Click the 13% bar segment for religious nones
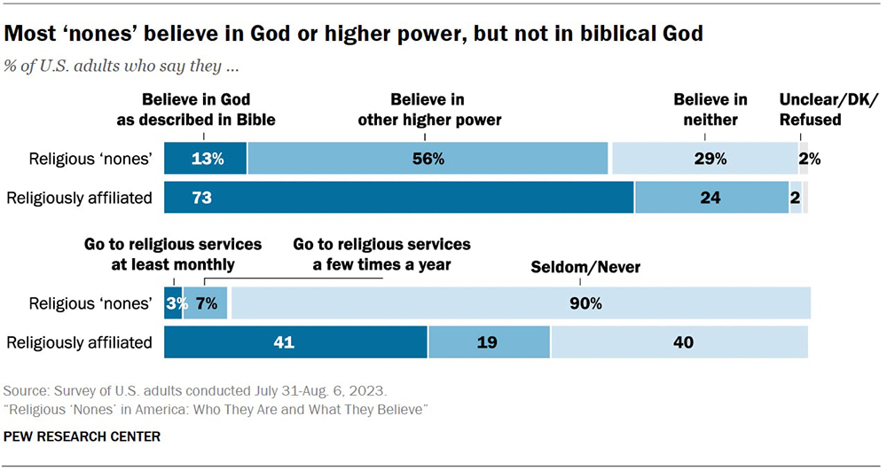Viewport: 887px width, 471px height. [x=206, y=159]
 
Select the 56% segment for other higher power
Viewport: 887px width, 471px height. [x=428, y=159]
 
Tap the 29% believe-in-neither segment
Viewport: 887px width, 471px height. [x=705, y=159]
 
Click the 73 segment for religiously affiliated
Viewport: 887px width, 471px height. [x=399, y=198]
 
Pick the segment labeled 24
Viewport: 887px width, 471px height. [x=710, y=198]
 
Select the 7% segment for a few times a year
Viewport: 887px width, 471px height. [x=206, y=303]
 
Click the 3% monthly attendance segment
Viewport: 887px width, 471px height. [x=173, y=303]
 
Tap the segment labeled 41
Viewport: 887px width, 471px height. [x=296, y=342]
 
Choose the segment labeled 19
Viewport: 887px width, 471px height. [x=489, y=342]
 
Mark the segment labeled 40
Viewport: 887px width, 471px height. [x=679, y=342]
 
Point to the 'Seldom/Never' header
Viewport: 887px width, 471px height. [x=573, y=266]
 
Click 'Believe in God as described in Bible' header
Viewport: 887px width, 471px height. [x=206, y=109]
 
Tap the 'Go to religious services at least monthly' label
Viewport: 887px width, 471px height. [x=172, y=254]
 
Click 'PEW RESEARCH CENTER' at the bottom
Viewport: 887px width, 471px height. [x=82, y=436]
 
